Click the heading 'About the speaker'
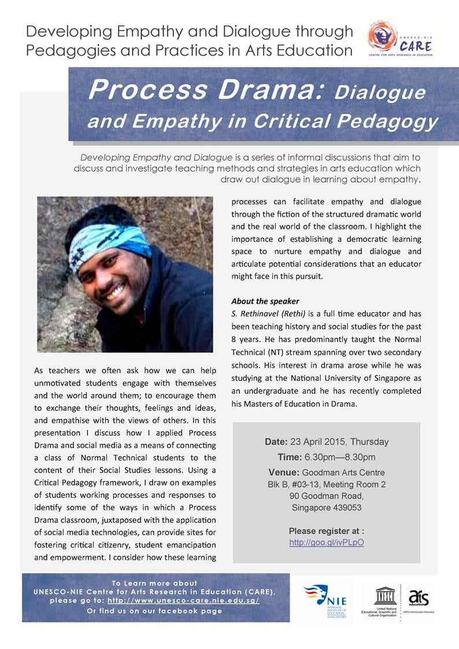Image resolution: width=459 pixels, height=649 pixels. [265, 301]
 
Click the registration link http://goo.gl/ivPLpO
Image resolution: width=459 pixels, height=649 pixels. [327, 543]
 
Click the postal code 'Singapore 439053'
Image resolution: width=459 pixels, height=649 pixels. [327, 508]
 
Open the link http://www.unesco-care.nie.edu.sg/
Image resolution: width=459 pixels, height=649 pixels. [183, 600]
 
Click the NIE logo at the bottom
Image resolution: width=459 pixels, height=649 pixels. [325, 601]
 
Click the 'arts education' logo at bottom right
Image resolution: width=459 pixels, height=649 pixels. [418, 599]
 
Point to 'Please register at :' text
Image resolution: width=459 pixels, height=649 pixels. [327, 531]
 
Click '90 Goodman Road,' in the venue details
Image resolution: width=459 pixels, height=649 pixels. [327, 496]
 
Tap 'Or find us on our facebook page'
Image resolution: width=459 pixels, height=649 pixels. [154, 611]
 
